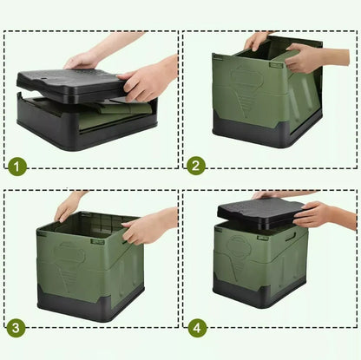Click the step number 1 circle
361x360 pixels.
(x=17, y=167)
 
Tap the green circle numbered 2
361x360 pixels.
(x=196, y=166)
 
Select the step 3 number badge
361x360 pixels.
(x=16, y=328)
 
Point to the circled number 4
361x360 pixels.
(x=197, y=328)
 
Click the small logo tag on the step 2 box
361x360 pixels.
(x=276, y=65)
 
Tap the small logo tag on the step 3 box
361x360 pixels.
(x=97, y=241)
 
